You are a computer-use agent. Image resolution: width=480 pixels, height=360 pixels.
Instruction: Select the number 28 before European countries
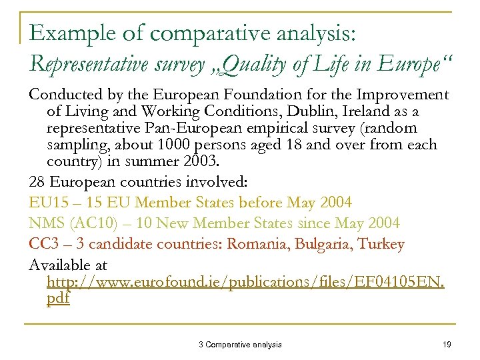[38, 182]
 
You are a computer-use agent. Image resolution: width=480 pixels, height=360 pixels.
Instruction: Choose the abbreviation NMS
[46, 223]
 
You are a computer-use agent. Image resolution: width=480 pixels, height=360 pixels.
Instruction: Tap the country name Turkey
[381, 243]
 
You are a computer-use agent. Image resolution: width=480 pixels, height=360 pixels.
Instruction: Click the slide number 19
[447, 345]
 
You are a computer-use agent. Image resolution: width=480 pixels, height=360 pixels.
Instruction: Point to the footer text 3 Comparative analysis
[240, 345]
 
